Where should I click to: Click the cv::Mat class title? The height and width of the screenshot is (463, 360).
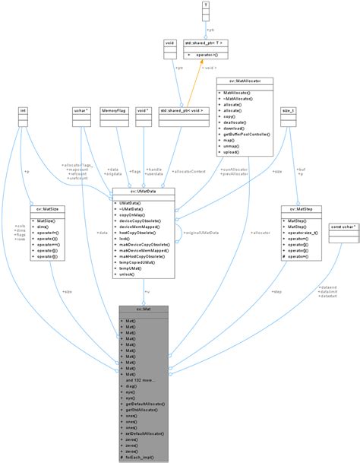pyautogui.click(x=144, y=309)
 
